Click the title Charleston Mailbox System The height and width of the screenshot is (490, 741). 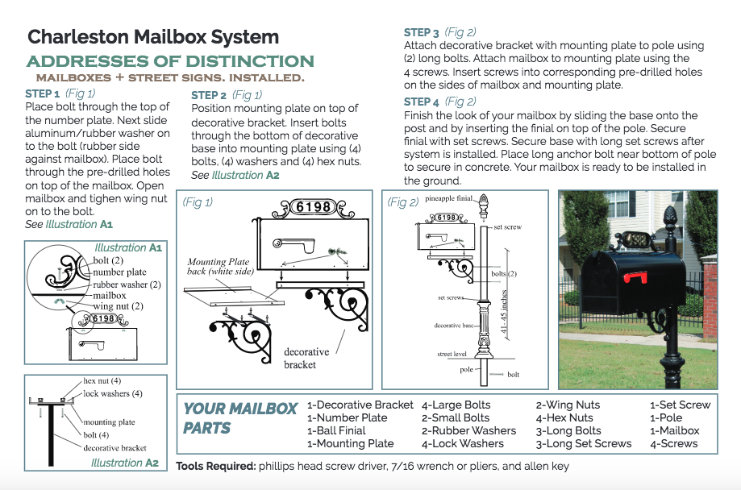click(x=153, y=37)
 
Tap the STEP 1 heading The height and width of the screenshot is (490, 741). click(x=42, y=93)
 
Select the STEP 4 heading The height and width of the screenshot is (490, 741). click(x=422, y=102)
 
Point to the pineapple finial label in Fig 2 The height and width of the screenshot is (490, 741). click(x=448, y=197)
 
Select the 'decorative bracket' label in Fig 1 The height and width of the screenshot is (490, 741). click(x=306, y=358)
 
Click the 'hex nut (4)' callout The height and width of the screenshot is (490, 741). click(x=102, y=380)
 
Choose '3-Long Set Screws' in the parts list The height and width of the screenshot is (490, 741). click(x=584, y=443)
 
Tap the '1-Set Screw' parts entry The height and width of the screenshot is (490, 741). click(x=681, y=405)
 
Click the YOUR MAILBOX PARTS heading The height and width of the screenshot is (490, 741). click(x=240, y=417)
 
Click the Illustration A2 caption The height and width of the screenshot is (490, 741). click(x=125, y=463)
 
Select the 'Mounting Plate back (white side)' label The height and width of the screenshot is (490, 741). click(x=219, y=267)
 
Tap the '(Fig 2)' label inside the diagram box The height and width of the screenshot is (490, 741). click(x=403, y=201)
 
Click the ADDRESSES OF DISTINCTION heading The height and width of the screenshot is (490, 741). click(x=170, y=62)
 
